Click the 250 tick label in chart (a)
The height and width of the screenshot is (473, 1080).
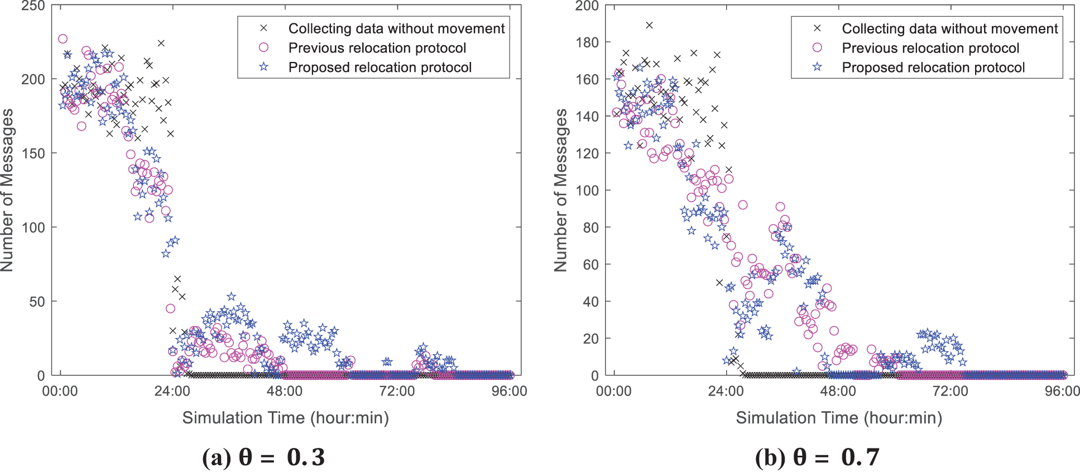point(33,6)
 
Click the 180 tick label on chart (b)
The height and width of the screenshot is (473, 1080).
point(587,42)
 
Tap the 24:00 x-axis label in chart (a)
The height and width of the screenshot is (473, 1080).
point(172,391)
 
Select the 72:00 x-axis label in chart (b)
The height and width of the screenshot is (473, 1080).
point(951,391)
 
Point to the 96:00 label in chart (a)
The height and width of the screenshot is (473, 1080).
point(509,391)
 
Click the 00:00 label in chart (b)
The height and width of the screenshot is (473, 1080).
point(614,391)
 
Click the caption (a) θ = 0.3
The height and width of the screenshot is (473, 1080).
point(263,457)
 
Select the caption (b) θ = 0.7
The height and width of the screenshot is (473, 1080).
point(817,457)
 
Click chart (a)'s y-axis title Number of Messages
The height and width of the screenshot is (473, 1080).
point(7,190)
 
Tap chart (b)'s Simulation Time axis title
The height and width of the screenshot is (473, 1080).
point(839,418)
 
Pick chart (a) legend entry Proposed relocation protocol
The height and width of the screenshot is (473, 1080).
point(380,67)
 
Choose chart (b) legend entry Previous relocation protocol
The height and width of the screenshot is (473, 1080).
point(930,48)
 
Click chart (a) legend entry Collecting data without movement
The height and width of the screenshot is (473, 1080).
point(396,28)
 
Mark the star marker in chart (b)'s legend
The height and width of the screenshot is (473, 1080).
point(817,67)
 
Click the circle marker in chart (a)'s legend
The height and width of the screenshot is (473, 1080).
point(264,48)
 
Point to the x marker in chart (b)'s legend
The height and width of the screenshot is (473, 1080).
point(817,28)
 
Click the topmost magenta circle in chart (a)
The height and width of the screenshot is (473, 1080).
point(63,38)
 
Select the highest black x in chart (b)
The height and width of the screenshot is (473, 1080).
point(649,25)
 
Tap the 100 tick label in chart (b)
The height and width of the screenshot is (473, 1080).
point(587,190)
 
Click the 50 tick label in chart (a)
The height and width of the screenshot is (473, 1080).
point(37,302)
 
